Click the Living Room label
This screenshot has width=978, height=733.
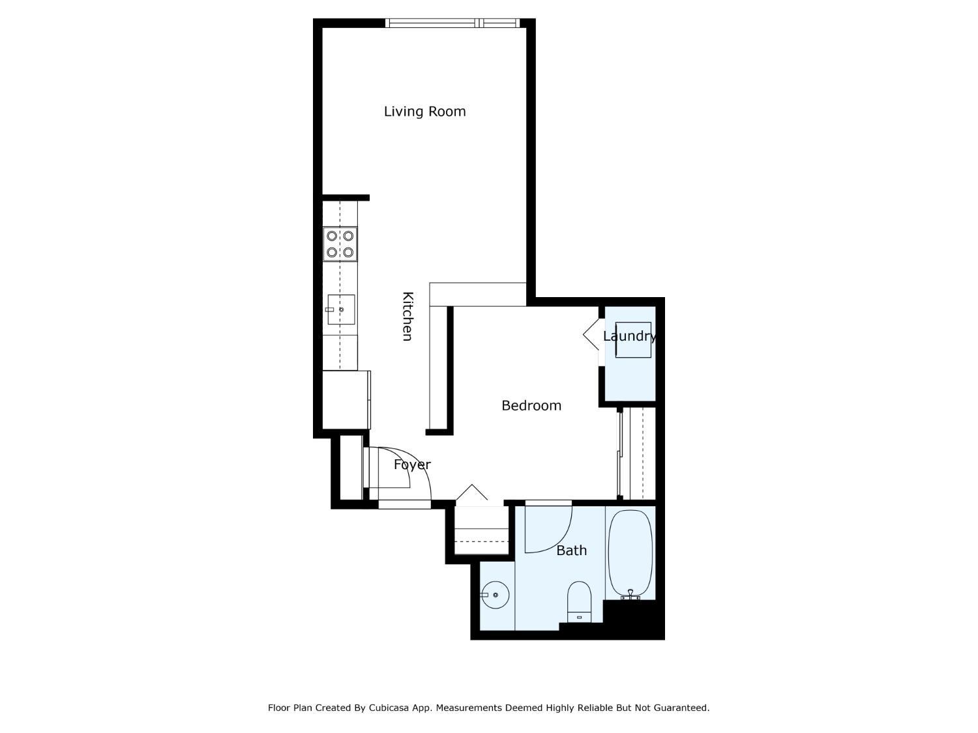(424, 111)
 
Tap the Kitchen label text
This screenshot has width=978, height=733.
(407, 316)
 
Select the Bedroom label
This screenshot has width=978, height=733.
(531, 405)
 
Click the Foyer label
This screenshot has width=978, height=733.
(412, 465)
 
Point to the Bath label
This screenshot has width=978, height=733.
(571, 551)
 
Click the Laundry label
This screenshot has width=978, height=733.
(629, 336)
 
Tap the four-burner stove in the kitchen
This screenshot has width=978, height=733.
(340, 244)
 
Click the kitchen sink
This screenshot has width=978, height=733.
(341, 309)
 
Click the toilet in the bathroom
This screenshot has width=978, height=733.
(579, 601)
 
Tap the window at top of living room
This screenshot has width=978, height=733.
(452, 23)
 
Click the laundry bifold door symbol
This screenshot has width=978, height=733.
(592, 335)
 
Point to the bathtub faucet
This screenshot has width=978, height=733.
(630, 594)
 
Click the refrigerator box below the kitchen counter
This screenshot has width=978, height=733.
(346, 399)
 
